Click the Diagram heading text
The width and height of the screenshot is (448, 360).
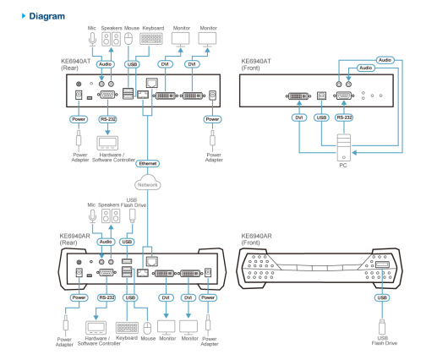click(x=46, y=16)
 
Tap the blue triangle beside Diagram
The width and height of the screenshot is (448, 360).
click(x=24, y=16)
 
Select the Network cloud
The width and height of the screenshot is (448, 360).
click(x=148, y=183)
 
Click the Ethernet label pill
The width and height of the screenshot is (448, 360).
click(x=148, y=163)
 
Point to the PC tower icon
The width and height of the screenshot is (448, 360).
click(x=344, y=147)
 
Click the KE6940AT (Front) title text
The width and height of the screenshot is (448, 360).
click(x=256, y=64)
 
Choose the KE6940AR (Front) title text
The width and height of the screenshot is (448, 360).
click(x=256, y=239)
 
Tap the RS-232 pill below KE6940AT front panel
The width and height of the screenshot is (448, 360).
click(x=344, y=117)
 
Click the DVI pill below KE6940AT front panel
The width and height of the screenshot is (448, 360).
click(x=299, y=117)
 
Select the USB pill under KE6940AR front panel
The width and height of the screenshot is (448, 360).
click(x=382, y=297)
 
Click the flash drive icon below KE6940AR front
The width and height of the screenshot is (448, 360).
click(x=382, y=327)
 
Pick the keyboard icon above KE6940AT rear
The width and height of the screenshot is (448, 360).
click(x=151, y=39)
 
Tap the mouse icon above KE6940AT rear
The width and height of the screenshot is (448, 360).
click(x=128, y=39)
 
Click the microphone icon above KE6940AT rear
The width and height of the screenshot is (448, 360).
click(x=92, y=39)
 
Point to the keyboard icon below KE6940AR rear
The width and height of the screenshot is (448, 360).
click(x=127, y=328)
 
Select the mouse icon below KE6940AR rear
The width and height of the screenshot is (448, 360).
click(x=147, y=328)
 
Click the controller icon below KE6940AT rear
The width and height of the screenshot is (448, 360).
click(x=107, y=143)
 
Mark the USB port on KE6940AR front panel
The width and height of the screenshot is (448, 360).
click(x=382, y=265)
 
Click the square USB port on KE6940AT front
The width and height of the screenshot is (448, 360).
click(x=322, y=95)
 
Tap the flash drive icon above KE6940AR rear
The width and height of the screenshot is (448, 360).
click(x=132, y=215)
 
